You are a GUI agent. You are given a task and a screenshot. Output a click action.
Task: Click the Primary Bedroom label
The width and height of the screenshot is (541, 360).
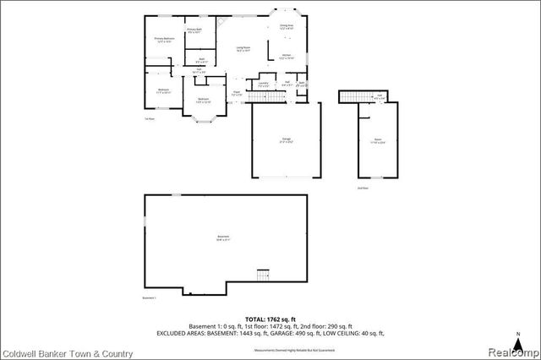tap(163, 40)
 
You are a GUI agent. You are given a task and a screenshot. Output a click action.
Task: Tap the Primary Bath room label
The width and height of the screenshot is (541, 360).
tap(194, 31)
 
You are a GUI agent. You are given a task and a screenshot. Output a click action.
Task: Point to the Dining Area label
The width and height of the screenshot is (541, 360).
tap(287, 27)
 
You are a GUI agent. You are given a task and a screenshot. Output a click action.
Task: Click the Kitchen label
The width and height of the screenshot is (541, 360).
tap(287, 57)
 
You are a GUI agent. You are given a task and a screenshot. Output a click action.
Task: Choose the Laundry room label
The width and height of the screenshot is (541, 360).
tap(263, 84)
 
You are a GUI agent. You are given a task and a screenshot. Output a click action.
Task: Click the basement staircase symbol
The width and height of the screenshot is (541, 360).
tap(263, 275)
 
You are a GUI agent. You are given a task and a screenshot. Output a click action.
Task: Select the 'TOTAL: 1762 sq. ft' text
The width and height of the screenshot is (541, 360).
tap(270, 318)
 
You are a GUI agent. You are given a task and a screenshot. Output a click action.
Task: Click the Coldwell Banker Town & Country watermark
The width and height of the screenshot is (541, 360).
tap(68, 351)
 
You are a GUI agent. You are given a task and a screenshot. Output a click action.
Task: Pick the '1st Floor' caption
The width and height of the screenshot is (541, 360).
tap(149, 120)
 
